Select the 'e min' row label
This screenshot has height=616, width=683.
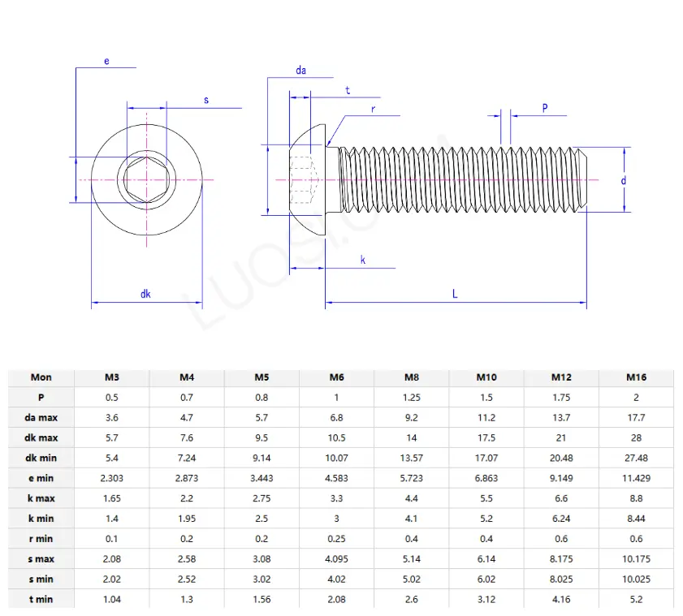[x=41, y=478]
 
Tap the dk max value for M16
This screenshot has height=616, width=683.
[x=636, y=438]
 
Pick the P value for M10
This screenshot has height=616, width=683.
[x=486, y=398]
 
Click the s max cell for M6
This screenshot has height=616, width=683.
[x=336, y=559]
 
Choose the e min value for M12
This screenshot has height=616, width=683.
[x=561, y=478]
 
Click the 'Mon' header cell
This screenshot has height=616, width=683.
[x=41, y=377]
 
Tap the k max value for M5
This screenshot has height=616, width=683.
[x=262, y=498]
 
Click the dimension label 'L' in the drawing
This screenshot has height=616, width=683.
[x=455, y=294]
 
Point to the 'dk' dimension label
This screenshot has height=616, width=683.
[x=145, y=294]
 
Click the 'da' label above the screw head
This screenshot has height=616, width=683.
[x=300, y=71]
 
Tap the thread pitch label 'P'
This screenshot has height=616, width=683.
[x=544, y=107]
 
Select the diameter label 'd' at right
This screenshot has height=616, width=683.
[x=624, y=180]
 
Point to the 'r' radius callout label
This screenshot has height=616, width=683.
[x=373, y=107]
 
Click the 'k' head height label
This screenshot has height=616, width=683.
[x=363, y=260]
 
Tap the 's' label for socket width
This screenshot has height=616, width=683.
[x=206, y=100]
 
